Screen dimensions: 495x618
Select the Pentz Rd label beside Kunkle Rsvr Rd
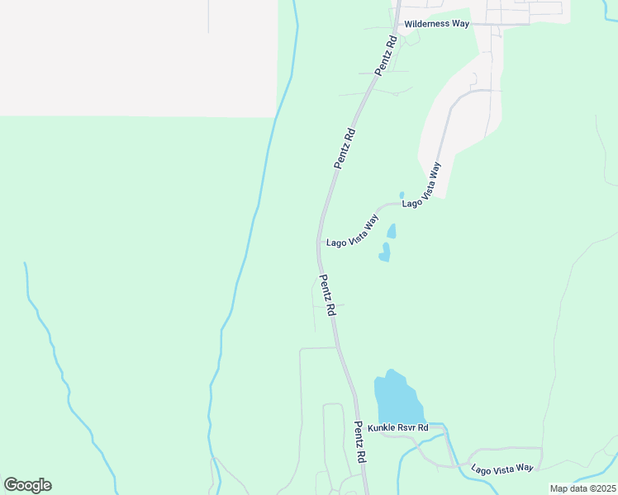[x=359, y=441]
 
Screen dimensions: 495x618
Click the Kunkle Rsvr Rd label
[x=397, y=427]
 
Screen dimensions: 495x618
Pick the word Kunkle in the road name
[x=382, y=427]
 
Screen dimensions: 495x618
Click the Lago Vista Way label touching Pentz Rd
[x=352, y=232]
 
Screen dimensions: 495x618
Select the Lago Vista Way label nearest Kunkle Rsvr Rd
[x=502, y=468]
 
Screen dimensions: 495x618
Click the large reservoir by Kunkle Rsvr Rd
[x=397, y=398]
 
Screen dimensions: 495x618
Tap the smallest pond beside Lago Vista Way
[x=402, y=195]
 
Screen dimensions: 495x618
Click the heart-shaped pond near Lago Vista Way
[x=384, y=252]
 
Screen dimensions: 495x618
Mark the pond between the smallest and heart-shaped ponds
[x=391, y=230]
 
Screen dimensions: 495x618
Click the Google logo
[x=27, y=485]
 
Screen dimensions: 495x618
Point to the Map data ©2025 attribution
[x=582, y=488]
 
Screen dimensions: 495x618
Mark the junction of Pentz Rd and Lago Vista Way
[x=319, y=242]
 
